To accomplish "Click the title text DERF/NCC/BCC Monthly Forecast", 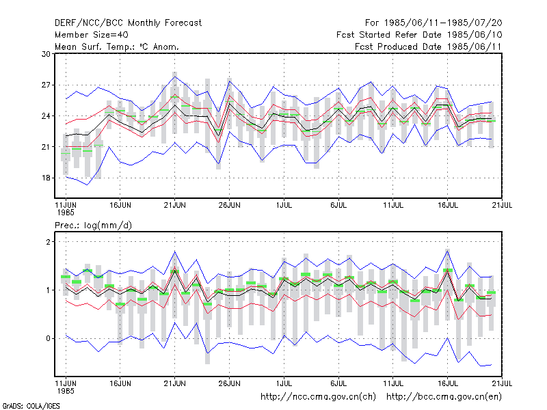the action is [x=128, y=23].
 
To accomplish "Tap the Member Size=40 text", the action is [x=92, y=35].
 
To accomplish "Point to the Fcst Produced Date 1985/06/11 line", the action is [x=428, y=46].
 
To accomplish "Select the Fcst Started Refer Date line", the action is [x=419, y=35].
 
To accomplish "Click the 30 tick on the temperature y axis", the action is [x=46, y=54].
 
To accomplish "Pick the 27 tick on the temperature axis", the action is [x=46, y=85].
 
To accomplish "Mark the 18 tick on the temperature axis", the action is [x=46, y=178].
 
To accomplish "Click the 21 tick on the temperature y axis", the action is [x=46, y=147].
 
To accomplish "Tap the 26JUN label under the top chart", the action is [x=230, y=206].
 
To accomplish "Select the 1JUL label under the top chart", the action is [x=284, y=206].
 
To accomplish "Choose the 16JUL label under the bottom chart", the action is [x=448, y=383].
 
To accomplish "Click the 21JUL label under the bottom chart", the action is [x=502, y=383].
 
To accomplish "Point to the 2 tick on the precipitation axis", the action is [x=48, y=242].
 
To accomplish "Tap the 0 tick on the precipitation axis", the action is [x=48, y=338].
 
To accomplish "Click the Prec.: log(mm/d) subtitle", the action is [x=93, y=225].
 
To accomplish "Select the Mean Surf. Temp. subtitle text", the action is [x=116, y=46].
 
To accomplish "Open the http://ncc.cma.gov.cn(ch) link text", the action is [x=318, y=397].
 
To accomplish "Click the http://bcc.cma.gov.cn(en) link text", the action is [x=444, y=397].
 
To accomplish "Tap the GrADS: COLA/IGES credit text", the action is [x=31, y=406].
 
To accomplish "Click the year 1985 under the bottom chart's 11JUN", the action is [x=66, y=391].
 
